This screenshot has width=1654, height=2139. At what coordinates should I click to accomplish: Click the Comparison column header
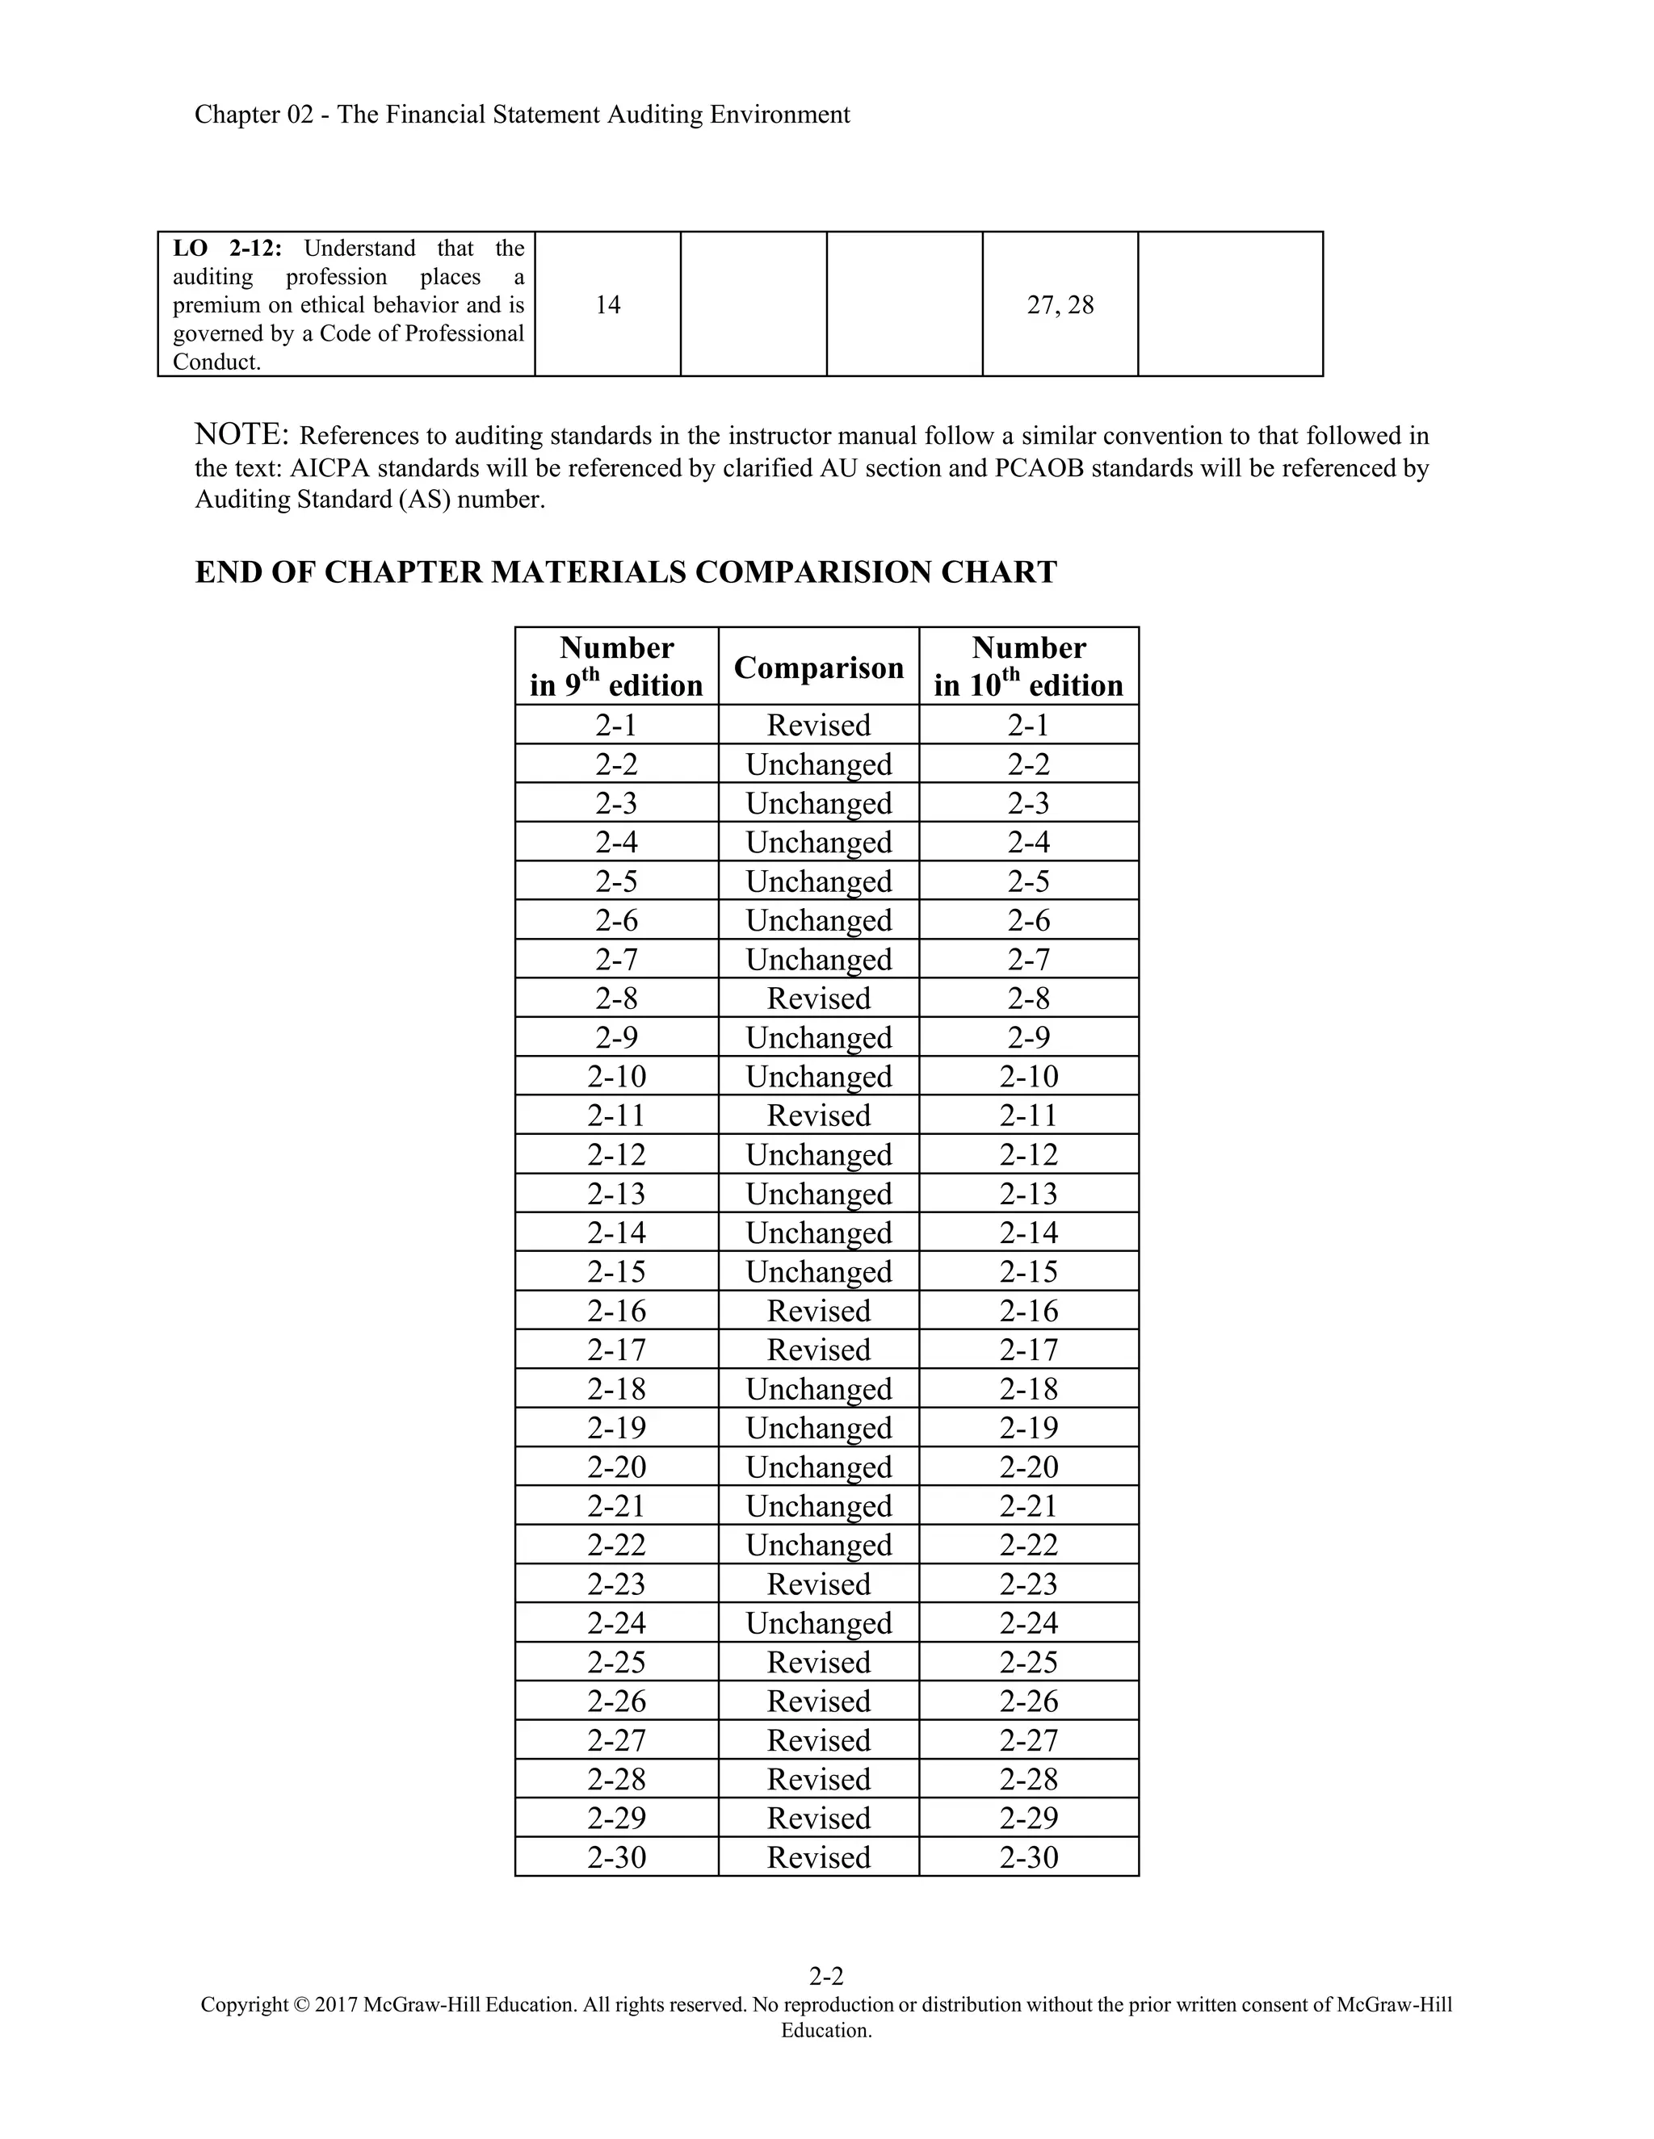(818, 667)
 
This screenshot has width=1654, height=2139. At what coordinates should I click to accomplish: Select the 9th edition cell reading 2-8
(616, 998)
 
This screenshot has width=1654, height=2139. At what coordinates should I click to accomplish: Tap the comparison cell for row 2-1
(818, 725)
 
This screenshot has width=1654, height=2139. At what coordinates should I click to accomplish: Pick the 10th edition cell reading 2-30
(1029, 1857)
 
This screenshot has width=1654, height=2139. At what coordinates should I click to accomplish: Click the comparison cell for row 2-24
(818, 1623)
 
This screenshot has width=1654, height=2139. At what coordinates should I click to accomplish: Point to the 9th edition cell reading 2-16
(616, 1310)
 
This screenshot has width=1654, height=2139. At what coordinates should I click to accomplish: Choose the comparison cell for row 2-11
(818, 1116)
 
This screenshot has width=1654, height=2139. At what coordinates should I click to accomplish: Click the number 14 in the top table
(607, 304)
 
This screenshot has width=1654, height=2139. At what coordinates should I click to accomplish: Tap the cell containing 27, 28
(1060, 304)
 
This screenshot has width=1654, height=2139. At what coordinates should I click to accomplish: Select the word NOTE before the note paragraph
(241, 434)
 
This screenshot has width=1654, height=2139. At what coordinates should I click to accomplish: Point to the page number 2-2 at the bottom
(826, 1975)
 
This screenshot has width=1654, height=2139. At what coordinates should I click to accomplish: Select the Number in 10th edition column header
(1029, 666)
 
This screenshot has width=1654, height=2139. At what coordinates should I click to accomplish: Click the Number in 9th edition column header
(616, 666)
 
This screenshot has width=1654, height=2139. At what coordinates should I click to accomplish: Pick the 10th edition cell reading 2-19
(1029, 1428)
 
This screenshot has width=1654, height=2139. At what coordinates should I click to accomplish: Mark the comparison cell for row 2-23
(818, 1584)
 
